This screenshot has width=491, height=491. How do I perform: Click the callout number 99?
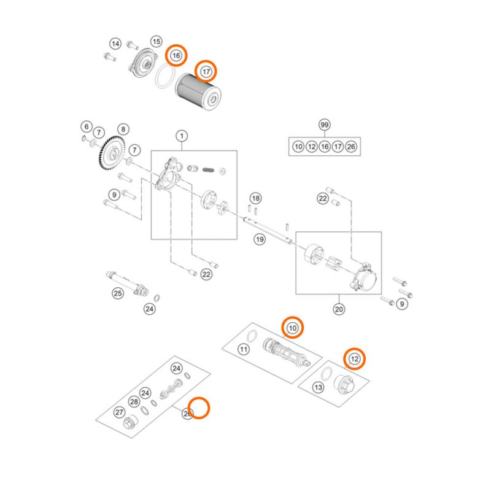pyautogui.click(x=325, y=125)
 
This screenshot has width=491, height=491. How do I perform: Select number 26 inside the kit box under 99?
pyautogui.click(x=350, y=147)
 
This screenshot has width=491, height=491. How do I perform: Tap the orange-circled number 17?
pyautogui.click(x=206, y=72)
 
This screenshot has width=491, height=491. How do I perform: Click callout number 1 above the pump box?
pyautogui.click(x=182, y=135)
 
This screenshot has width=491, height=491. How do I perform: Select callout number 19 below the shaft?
pyautogui.click(x=260, y=239)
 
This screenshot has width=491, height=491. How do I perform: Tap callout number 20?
pyautogui.click(x=338, y=309)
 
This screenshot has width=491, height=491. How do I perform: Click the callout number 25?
pyautogui.click(x=117, y=293)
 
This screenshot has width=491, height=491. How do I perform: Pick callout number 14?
pyautogui.click(x=115, y=44)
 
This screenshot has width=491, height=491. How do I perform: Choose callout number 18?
pyautogui.click(x=255, y=198)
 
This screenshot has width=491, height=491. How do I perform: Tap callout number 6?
pyautogui.click(x=86, y=126)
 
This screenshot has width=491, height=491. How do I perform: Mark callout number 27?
pyautogui.click(x=120, y=412)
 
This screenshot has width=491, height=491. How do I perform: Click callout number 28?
pyautogui.click(x=134, y=401)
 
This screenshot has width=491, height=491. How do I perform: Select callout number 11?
pyautogui.click(x=243, y=350)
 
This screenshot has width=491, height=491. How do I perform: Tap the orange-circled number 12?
pyautogui.click(x=354, y=358)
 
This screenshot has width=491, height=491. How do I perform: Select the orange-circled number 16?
pyautogui.click(x=176, y=56)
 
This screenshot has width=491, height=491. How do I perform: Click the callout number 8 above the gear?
pyautogui.click(x=123, y=130)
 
